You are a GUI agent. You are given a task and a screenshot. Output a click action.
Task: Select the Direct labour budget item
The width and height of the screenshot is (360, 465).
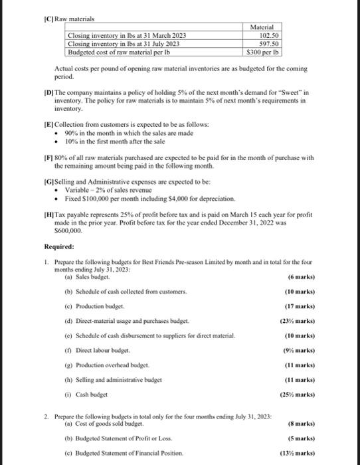coord(102,351)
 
